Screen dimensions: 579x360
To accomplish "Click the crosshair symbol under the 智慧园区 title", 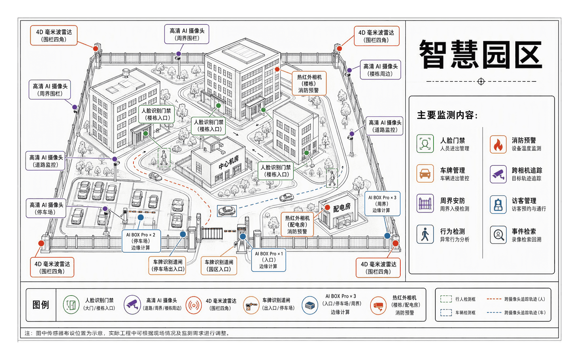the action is (x=481, y=81).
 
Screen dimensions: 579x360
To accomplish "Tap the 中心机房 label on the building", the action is (x=228, y=162).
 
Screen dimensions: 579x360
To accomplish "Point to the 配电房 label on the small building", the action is (x=342, y=207).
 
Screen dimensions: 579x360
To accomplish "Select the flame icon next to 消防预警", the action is (x=498, y=144).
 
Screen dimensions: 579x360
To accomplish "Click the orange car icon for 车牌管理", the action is (x=425, y=173).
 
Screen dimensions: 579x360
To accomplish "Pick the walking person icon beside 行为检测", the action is (x=425, y=234).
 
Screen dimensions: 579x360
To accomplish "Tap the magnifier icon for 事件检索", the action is (x=498, y=234).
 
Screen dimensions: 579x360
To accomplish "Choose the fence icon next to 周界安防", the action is (x=425, y=204).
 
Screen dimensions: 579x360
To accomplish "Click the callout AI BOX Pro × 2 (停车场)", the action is (x=141, y=241).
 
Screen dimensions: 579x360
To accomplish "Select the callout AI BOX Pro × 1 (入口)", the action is (x=268, y=260).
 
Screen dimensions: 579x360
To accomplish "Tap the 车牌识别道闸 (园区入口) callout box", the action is (x=219, y=266).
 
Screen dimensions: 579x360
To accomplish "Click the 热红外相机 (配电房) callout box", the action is (x=297, y=225).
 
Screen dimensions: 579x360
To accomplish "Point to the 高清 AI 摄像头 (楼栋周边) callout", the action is (x=380, y=70).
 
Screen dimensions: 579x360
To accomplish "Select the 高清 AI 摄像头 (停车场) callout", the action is (x=46, y=208).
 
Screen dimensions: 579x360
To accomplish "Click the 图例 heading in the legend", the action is (x=41, y=305).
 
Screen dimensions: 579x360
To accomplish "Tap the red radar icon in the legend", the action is (x=194, y=305).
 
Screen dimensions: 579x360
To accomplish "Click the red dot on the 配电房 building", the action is (x=328, y=208).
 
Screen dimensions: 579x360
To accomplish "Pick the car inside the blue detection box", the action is (x=227, y=211).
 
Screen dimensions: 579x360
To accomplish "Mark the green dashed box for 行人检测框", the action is (x=446, y=299).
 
